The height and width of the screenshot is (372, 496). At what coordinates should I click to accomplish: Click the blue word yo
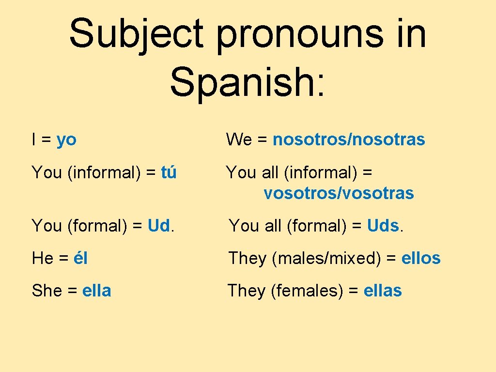point(66,140)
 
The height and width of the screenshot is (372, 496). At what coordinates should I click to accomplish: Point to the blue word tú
point(169,172)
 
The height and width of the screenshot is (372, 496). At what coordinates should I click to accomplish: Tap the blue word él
point(80,258)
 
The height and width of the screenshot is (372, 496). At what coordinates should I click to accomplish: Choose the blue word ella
point(97,291)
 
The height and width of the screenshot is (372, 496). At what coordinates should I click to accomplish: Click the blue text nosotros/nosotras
point(349,140)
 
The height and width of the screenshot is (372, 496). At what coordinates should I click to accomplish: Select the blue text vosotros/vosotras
point(339,194)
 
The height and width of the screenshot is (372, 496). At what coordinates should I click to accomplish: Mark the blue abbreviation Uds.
point(383,226)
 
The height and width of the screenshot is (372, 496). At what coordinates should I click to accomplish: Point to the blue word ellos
point(421,258)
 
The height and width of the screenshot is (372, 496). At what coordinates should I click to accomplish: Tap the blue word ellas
point(382,291)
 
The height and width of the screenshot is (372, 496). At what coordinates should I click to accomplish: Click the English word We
point(239,140)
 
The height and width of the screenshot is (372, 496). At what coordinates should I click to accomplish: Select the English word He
point(43,258)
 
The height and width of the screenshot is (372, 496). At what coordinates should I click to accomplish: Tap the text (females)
point(308,291)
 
